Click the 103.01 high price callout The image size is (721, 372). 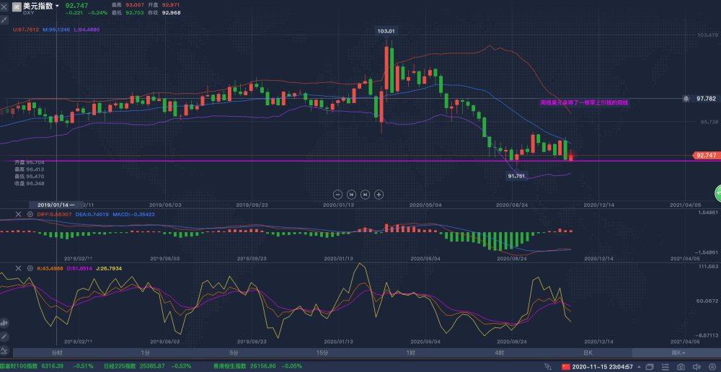[387, 31]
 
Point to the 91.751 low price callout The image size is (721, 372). [516, 175]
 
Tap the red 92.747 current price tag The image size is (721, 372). [704, 156]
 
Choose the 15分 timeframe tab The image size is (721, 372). [322, 353]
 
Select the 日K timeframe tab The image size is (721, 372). [588, 353]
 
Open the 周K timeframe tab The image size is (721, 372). [677, 353]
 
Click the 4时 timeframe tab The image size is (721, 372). [500, 353]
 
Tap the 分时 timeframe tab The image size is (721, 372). [57, 353]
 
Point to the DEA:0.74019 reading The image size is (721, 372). [92, 214]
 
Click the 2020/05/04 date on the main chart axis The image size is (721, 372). [425, 205]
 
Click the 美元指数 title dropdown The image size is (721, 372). [42, 6]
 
